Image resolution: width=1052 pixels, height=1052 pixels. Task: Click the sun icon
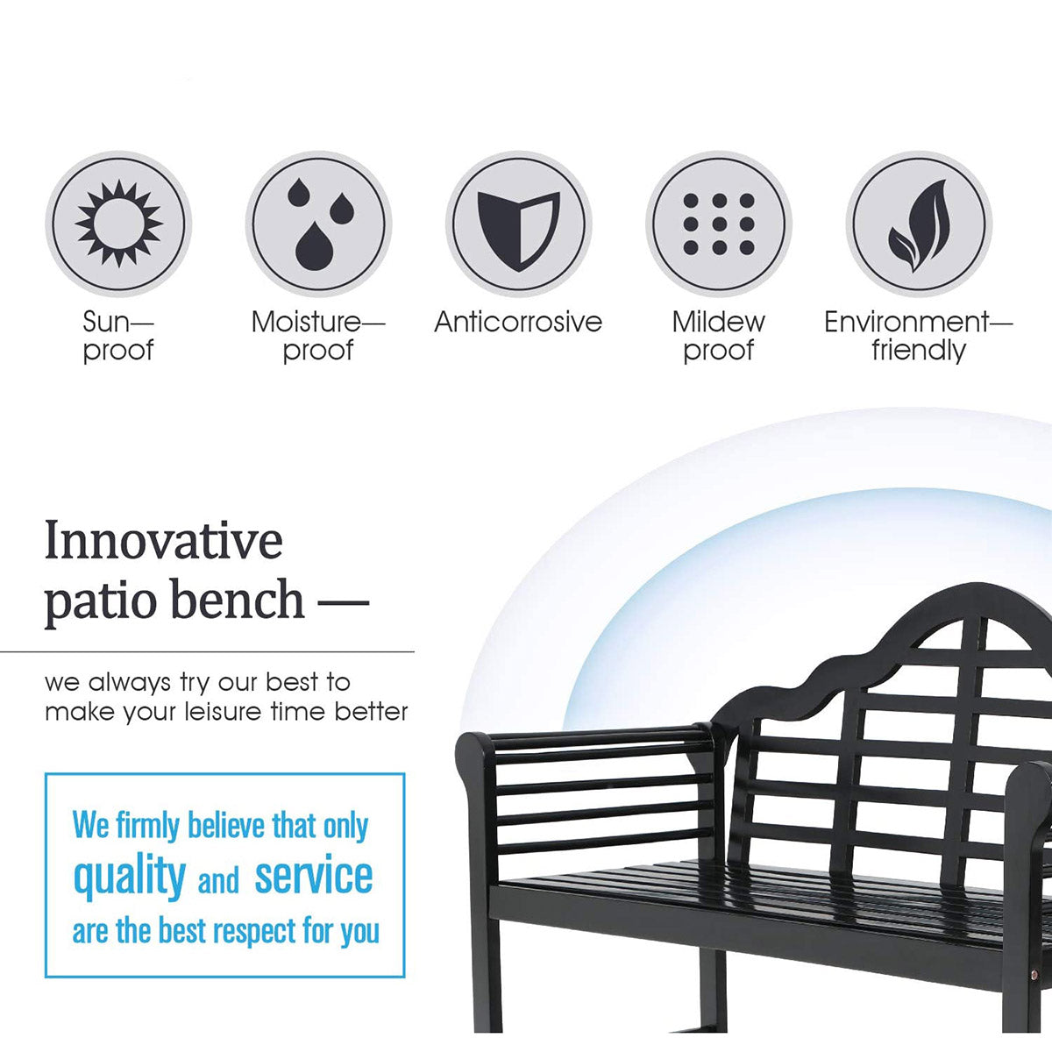[x=118, y=224]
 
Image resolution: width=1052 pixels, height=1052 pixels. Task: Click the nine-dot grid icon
[x=719, y=224]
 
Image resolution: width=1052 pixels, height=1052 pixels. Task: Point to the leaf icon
[x=919, y=225]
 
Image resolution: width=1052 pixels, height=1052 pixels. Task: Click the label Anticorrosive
[x=518, y=322]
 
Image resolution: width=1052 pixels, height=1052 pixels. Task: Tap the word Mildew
[x=719, y=322]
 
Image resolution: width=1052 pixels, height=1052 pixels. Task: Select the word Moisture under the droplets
[x=306, y=322]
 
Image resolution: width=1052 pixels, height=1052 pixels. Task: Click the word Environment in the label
[x=906, y=322]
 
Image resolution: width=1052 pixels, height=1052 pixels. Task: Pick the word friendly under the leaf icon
[x=919, y=351]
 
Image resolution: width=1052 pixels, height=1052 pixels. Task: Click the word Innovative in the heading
[x=164, y=541]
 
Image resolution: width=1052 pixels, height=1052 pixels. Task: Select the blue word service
[x=314, y=876]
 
